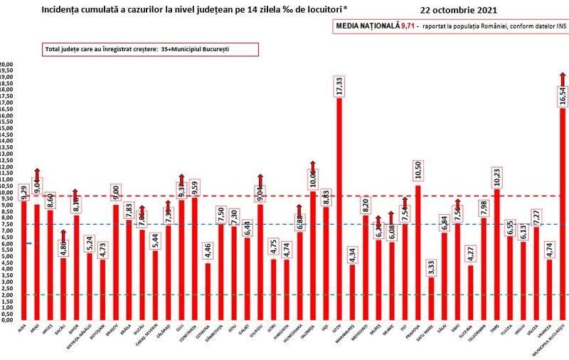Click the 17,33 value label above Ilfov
(x=339, y=87)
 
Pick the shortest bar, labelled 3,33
(x=431, y=299)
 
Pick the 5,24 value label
(x=89, y=242)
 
